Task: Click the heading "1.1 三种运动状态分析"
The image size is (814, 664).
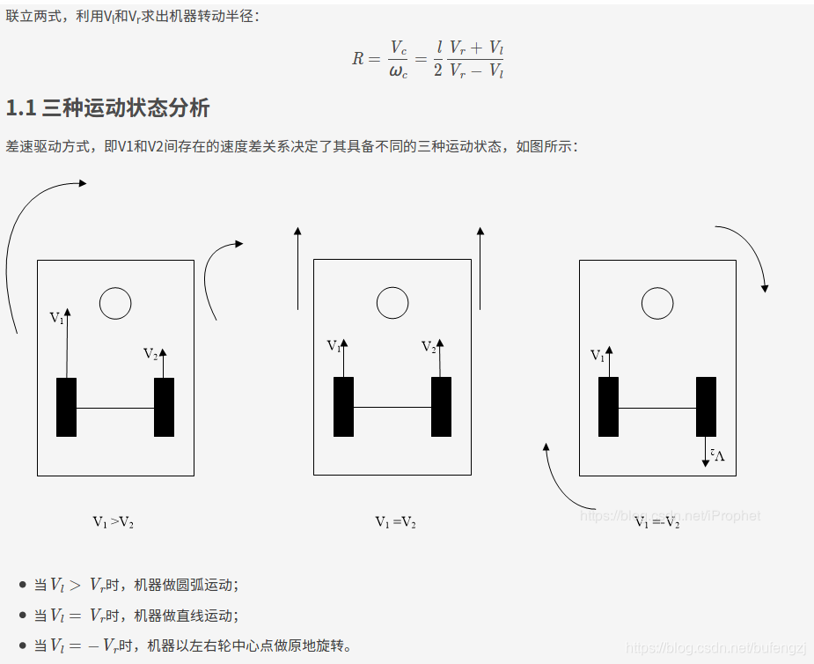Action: point(107,108)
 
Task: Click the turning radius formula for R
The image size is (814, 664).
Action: point(429,59)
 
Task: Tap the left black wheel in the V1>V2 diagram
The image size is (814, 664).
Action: point(66,407)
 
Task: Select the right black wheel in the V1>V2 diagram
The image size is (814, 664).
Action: point(164,407)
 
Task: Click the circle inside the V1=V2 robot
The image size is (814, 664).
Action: point(392,303)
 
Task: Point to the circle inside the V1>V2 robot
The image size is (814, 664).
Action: point(115,303)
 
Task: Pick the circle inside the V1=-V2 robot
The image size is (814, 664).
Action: point(657,303)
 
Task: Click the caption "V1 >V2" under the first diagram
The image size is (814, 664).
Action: point(114,522)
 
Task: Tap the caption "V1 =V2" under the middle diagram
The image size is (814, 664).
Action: point(395,522)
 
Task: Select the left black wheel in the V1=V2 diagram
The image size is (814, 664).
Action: point(343,407)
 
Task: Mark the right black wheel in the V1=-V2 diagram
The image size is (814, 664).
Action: point(706,407)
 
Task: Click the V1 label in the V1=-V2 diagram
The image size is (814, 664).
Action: point(598,356)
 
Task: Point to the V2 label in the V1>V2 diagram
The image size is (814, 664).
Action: point(150,354)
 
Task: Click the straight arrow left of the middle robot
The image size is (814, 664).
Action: point(297,269)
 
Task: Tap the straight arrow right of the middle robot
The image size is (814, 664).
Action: point(480,269)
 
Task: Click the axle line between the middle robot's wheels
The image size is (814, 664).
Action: point(392,408)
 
